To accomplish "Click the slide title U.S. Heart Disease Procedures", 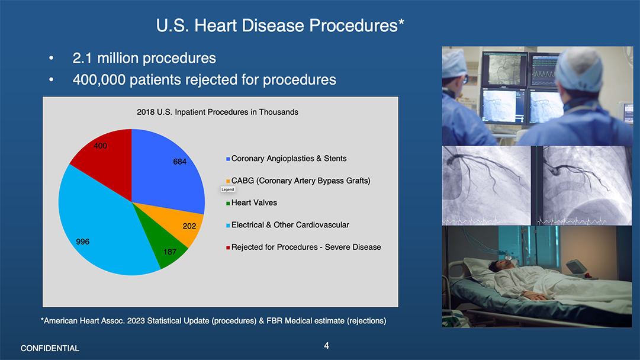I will [280, 26].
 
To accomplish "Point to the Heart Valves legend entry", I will [254, 202].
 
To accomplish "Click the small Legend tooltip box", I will [228, 189].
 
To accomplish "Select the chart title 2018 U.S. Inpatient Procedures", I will [217, 112].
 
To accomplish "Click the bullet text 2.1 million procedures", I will [144, 58].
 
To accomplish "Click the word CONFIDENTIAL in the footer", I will [50, 348].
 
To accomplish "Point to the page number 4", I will [326, 345].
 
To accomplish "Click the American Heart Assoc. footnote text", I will [213, 321].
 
